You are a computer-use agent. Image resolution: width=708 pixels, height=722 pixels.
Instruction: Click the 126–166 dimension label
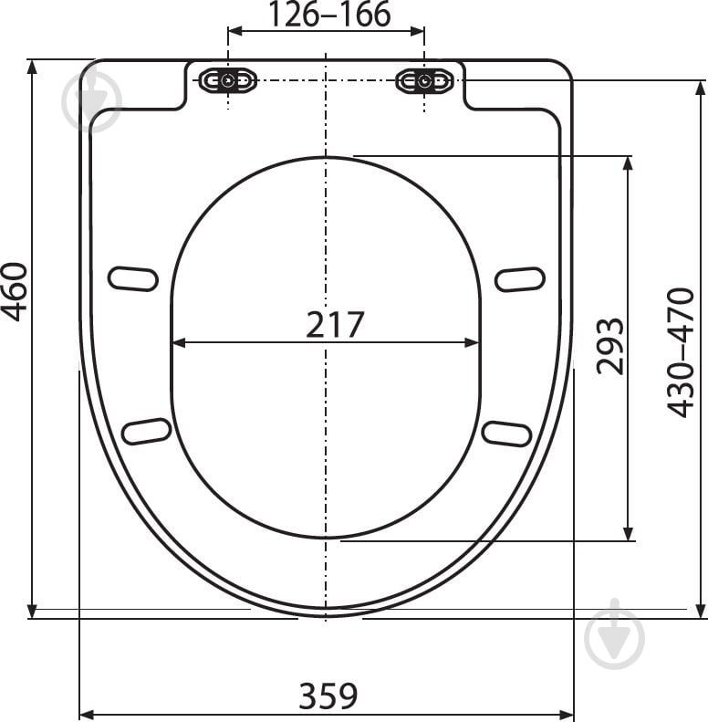[x=329, y=14]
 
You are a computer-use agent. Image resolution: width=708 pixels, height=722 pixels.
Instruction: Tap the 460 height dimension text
[x=15, y=291]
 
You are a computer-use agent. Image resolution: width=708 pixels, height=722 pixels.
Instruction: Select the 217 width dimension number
[x=335, y=325]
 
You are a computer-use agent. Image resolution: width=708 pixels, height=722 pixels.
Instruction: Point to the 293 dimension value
[x=610, y=346]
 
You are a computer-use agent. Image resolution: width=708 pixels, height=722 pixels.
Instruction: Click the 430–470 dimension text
[x=681, y=352]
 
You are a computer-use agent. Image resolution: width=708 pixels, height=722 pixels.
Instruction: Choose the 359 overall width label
[x=328, y=696]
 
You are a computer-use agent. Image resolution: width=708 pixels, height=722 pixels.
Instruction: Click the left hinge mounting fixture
[x=228, y=81]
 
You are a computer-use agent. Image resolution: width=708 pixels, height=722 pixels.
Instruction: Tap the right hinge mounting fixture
[x=424, y=81]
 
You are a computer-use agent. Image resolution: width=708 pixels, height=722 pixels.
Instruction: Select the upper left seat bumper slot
[x=133, y=278]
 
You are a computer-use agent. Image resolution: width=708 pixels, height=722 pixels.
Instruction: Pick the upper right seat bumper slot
[x=520, y=279]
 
